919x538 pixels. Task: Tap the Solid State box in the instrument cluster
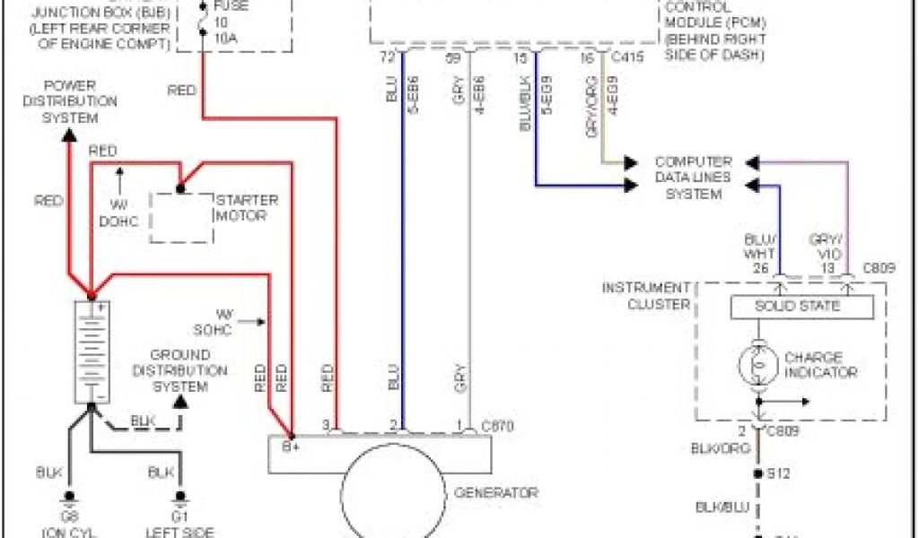coord(801,307)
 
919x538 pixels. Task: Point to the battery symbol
coord(91,351)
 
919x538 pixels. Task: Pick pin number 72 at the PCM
coord(388,58)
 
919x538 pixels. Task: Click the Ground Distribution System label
coord(180,370)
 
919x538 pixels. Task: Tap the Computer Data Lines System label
coord(694,178)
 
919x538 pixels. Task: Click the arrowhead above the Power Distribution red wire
coord(68,134)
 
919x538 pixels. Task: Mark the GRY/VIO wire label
coord(827,247)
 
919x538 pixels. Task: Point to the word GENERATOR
coord(496,492)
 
